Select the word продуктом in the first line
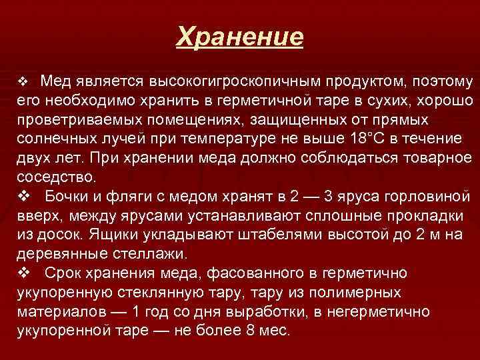point(359,82)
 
